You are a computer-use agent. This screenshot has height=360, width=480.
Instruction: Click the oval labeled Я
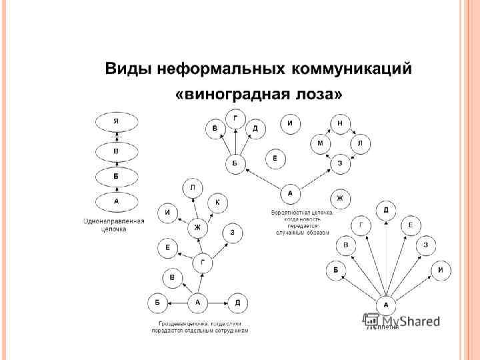tap(117, 121)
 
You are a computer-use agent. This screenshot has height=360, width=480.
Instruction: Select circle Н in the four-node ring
tap(340, 125)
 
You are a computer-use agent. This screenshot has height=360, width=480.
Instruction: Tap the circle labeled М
tap(320, 143)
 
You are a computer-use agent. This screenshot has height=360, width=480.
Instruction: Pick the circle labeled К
tap(218, 202)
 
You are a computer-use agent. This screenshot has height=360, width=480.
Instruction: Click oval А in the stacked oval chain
tap(117, 200)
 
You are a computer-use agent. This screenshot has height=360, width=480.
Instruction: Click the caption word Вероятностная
tap(291, 213)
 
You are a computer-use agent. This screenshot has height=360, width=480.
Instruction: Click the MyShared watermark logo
tap(400, 320)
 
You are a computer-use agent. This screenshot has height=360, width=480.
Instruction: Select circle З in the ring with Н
tap(340, 163)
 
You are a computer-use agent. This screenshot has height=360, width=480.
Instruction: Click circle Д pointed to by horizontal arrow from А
tap(238, 302)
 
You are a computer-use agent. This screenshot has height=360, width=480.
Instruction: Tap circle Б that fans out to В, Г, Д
tap(235, 163)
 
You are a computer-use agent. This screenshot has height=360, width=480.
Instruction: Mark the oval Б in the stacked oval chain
tap(117, 177)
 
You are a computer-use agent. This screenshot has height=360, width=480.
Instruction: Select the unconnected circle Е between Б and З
tap(275, 159)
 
